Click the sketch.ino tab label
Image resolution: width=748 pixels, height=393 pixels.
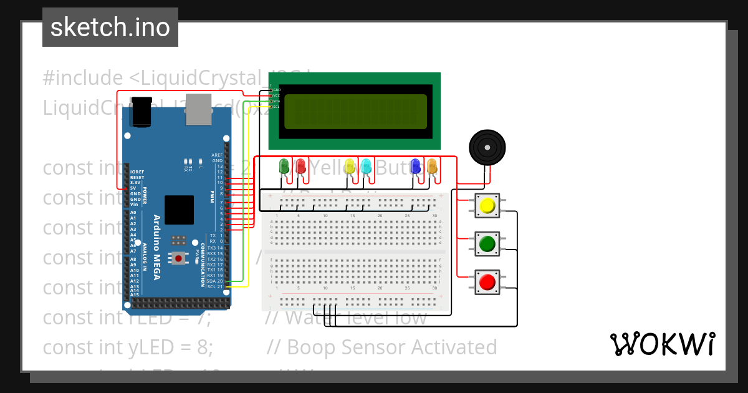(x=110, y=27)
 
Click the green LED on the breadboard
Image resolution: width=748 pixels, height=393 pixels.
(x=284, y=166)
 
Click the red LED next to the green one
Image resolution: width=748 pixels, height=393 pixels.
(x=300, y=166)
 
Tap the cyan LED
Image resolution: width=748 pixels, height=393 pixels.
(x=367, y=166)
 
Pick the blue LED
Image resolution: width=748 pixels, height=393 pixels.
(x=416, y=166)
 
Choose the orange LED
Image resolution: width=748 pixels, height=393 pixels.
(x=432, y=166)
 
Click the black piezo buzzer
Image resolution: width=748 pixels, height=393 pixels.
(x=487, y=148)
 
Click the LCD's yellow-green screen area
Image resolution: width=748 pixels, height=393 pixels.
(x=355, y=112)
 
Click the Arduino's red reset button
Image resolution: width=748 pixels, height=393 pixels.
(x=179, y=258)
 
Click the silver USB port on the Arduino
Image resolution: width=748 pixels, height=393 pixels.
(x=199, y=109)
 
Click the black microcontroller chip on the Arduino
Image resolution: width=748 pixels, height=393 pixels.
(x=179, y=210)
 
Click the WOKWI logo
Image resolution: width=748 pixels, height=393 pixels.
(x=662, y=344)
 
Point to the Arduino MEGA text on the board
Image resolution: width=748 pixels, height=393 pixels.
(x=156, y=247)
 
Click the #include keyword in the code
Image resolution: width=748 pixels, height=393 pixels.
(x=83, y=78)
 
